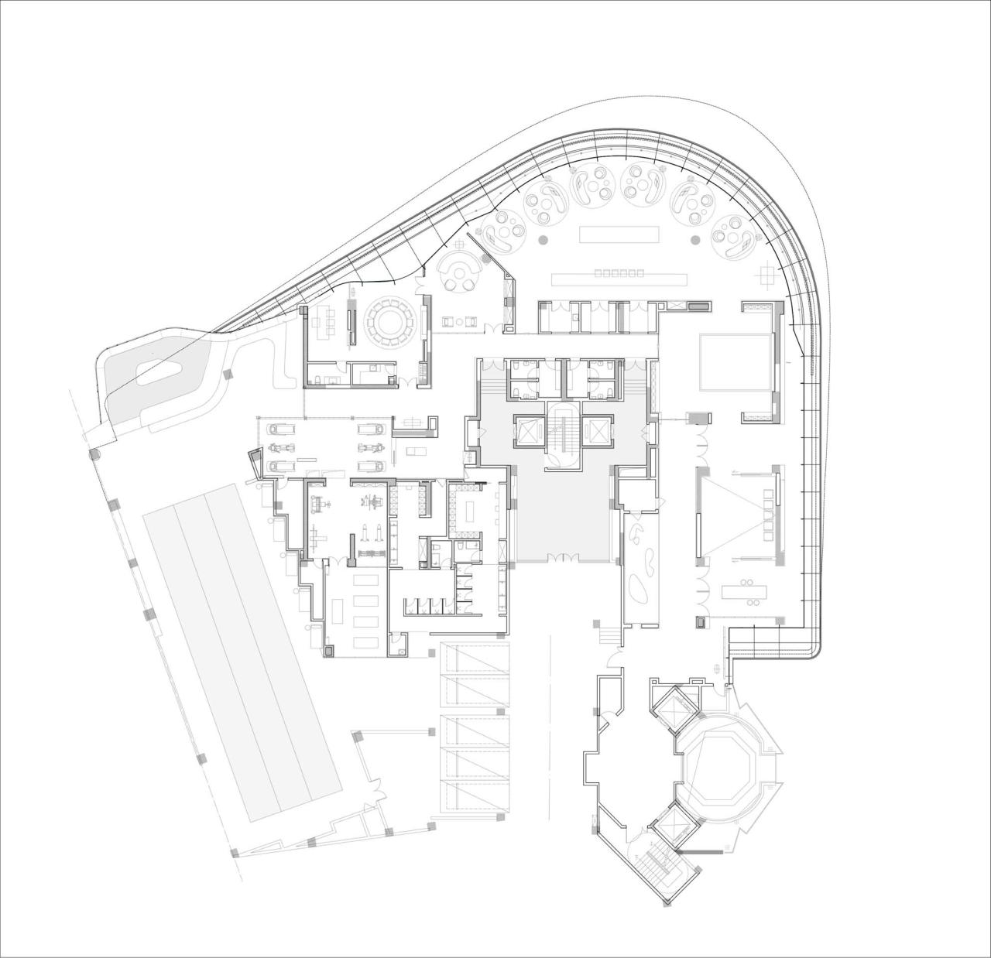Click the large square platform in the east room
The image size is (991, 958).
pyautogui.click(x=736, y=362)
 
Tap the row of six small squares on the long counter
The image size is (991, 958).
pyautogui.click(x=619, y=272)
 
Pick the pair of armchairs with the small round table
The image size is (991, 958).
pyautogui.click(x=461, y=321)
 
